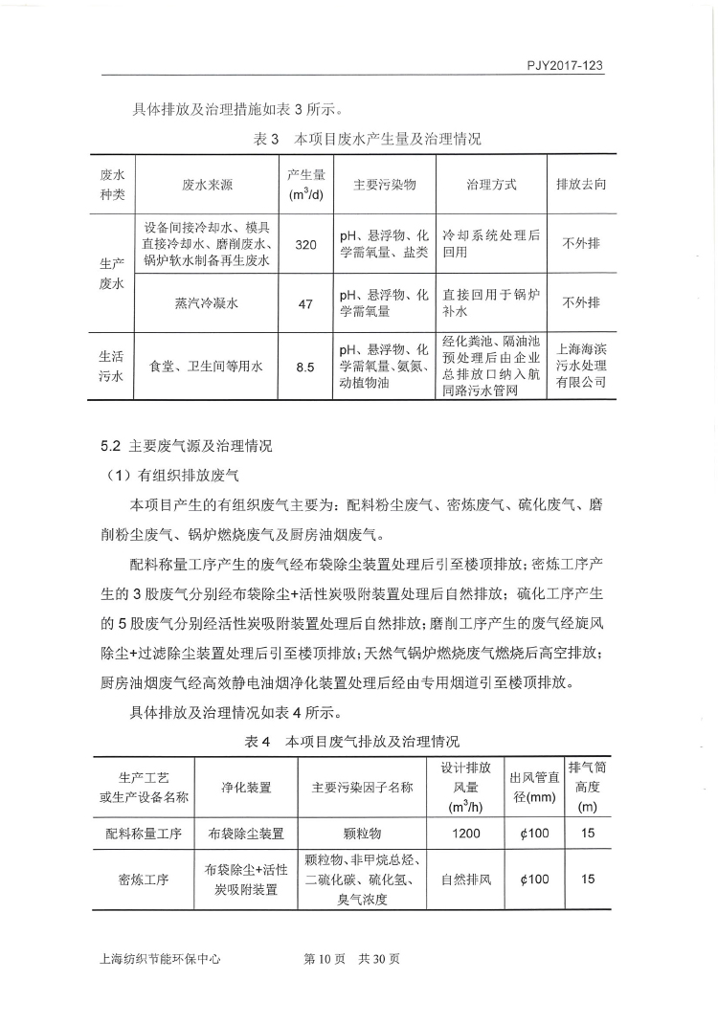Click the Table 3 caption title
coord(367,139)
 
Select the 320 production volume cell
coord(305,245)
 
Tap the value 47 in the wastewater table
coord(305,303)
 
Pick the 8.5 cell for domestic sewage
coord(305,367)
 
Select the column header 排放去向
coord(581,184)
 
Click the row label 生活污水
coord(113,367)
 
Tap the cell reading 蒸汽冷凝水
coord(206,303)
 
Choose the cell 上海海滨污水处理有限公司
coord(581,367)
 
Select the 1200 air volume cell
coord(466,834)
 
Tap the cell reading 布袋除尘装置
coord(246,834)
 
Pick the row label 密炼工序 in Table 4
coord(144,879)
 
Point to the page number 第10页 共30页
coord(351,960)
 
